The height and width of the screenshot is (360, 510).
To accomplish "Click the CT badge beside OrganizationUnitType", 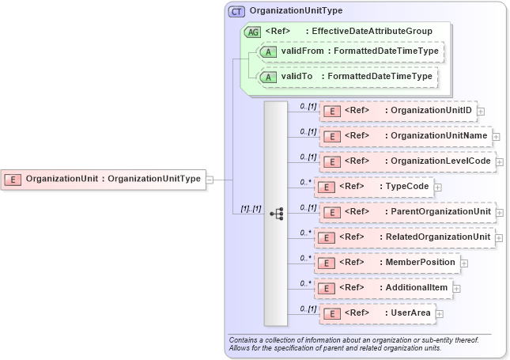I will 236,12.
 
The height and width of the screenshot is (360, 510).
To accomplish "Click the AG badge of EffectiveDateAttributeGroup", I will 253,32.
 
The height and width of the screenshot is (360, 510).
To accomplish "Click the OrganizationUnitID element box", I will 397,111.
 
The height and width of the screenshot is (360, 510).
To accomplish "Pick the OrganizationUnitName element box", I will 405,136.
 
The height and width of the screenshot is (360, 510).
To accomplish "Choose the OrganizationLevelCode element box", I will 406,161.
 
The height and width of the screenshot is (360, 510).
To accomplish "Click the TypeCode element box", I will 373,187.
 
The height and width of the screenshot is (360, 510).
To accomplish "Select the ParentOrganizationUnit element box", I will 406,212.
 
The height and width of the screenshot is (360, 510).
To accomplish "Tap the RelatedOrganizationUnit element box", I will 405,237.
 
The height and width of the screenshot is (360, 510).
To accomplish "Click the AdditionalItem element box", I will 383,287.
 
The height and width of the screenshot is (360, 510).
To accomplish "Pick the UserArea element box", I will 377,313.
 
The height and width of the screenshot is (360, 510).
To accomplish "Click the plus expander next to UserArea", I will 440,314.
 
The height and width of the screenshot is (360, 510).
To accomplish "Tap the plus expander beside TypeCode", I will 437,188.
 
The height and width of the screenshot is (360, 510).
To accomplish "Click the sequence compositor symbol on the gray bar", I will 276,213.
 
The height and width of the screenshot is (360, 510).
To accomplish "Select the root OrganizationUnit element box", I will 104,179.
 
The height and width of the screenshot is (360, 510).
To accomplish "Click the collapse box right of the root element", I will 210,180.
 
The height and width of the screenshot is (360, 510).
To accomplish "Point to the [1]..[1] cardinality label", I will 246,208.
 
